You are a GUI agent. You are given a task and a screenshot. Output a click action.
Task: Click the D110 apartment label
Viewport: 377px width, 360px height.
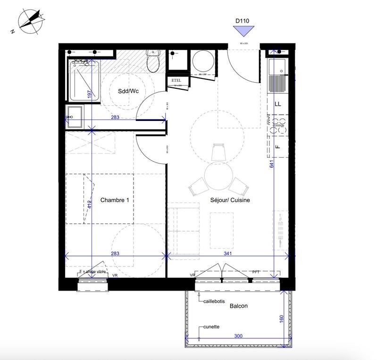point(243,21)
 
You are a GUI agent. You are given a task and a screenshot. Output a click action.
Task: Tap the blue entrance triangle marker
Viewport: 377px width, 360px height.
point(243,32)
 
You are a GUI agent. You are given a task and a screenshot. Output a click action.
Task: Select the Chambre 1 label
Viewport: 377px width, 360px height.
point(115,200)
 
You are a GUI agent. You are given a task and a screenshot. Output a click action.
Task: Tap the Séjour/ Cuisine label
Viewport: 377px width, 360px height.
point(230,200)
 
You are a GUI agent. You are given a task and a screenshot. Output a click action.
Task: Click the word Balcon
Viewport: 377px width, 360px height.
point(239,306)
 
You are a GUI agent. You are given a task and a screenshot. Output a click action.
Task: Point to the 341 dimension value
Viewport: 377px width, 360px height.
point(227,254)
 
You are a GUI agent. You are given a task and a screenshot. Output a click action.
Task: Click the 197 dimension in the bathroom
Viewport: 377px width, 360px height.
point(89,94)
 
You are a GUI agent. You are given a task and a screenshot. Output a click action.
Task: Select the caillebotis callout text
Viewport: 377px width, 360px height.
point(215,301)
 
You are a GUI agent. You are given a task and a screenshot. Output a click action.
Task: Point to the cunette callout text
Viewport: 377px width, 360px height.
point(212,326)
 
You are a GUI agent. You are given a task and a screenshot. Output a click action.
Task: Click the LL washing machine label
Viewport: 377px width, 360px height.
point(278,104)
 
